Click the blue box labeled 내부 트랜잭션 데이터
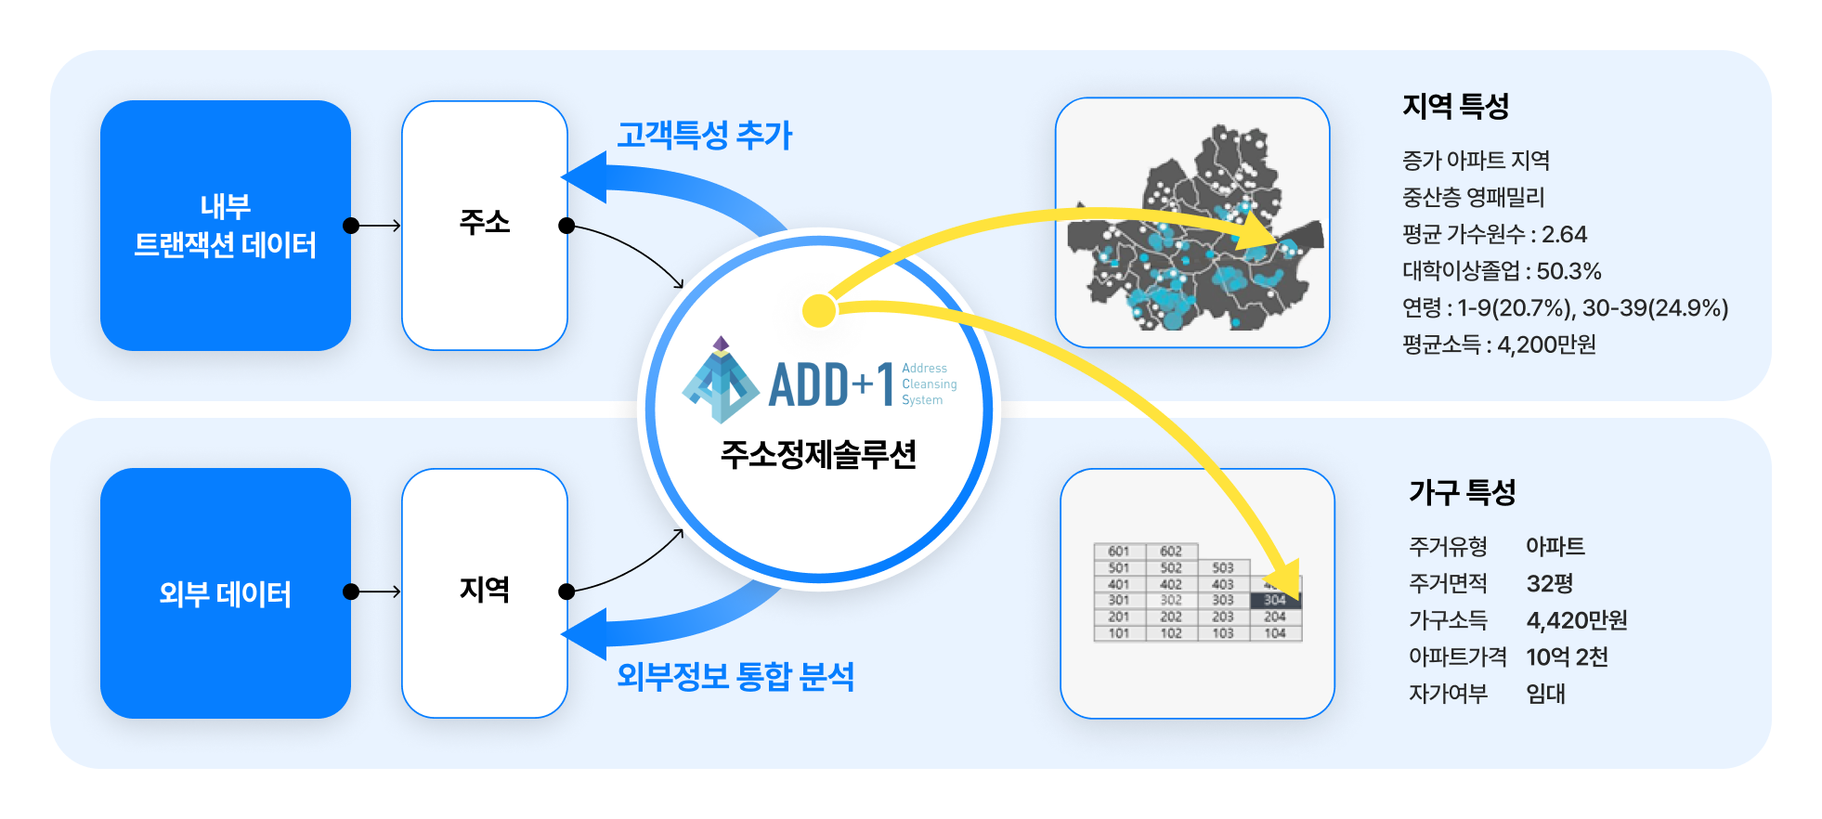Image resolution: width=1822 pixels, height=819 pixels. [x=226, y=226]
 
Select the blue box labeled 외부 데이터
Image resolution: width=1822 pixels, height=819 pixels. [x=226, y=593]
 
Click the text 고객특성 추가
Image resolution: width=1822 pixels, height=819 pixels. [x=704, y=136]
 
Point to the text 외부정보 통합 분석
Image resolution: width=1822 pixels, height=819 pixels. [x=735, y=676]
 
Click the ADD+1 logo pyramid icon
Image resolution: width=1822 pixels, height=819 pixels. [x=720, y=381]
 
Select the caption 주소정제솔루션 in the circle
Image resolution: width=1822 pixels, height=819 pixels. [x=818, y=454]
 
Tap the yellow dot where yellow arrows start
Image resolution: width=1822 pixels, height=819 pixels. [x=819, y=311]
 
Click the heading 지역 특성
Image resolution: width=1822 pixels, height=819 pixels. [x=1455, y=106]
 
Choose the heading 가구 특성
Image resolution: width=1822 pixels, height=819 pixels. [x=1462, y=492]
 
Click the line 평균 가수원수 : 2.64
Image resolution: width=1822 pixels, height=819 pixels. [x=1494, y=234]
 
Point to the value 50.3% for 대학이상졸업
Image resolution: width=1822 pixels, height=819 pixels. [x=1568, y=271]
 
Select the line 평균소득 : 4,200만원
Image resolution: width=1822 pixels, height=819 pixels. [x=1499, y=344]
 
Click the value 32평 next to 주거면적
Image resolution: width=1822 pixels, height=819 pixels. [x=1549, y=583]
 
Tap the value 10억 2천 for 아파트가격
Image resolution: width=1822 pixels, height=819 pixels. [x=1567, y=656]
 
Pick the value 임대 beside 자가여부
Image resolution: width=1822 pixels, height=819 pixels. [x=1545, y=694]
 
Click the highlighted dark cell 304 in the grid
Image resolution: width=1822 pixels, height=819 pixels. [x=1275, y=601]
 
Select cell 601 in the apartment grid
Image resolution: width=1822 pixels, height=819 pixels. [x=1119, y=552]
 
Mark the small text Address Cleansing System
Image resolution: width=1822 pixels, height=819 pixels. [x=928, y=384]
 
